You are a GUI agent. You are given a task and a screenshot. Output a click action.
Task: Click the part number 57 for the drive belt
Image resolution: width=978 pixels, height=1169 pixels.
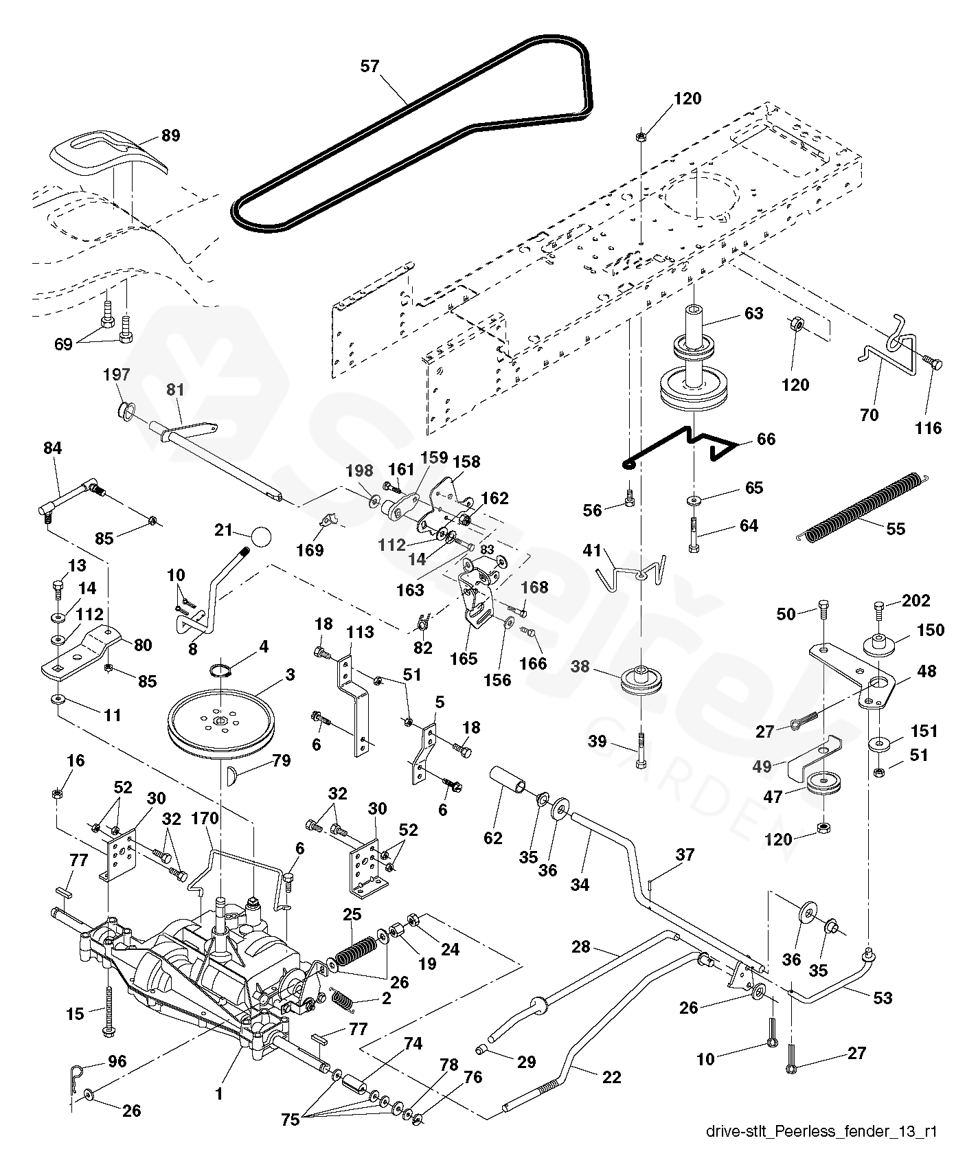point(369,66)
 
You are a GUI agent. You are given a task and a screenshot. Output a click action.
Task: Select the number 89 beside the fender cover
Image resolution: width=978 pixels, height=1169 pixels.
point(170,135)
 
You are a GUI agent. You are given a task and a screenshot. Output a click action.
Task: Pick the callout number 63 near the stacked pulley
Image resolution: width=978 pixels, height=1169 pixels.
point(753,313)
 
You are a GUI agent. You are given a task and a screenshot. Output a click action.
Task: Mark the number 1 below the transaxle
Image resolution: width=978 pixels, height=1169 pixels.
point(219,1094)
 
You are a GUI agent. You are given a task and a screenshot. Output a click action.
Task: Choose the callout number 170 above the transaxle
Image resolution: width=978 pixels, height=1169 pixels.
point(205,818)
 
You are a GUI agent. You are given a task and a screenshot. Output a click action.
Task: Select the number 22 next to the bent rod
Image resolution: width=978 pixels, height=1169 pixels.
point(611,1077)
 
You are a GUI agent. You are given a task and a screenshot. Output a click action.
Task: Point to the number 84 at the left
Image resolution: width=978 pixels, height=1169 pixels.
point(52,449)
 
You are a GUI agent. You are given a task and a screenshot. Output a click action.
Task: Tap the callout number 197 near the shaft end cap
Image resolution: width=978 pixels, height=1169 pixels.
point(116,375)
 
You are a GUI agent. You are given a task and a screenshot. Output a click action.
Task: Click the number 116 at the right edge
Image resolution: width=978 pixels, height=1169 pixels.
point(929,428)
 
